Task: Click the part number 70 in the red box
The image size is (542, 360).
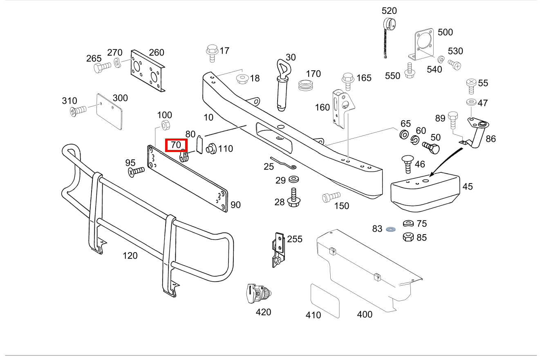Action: pos(176,145)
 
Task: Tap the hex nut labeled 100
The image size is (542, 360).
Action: pos(165,125)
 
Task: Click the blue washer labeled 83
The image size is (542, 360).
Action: pos(390,229)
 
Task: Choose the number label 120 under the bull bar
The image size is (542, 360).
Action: pos(130,256)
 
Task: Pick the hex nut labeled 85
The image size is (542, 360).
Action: pos(408,237)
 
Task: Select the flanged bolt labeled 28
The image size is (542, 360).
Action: pos(293,198)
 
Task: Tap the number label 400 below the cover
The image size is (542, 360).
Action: pos(365,314)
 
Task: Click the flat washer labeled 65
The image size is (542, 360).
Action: pos(404,134)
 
